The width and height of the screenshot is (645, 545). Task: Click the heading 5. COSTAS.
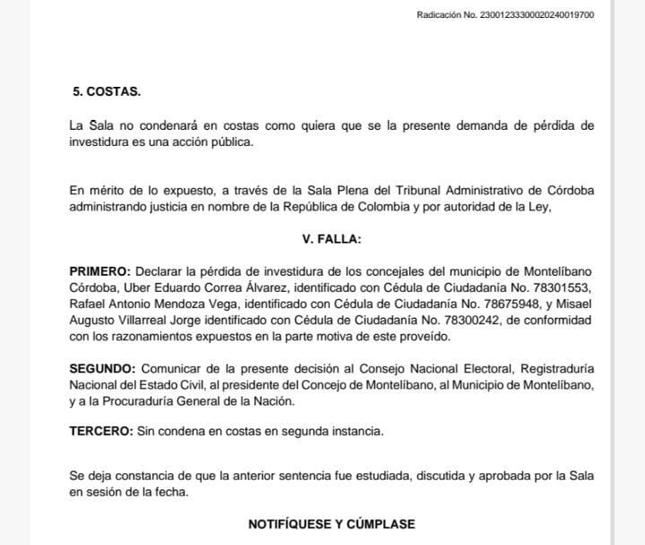[x=106, y=92]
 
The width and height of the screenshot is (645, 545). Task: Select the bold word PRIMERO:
[x=99, y=271]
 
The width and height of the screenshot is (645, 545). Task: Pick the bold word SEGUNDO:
[x=102, y=369]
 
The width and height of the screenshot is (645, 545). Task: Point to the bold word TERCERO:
[x=100, y=432]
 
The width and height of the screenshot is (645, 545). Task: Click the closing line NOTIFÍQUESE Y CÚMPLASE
[x=331, y=524]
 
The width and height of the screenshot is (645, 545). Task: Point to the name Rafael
[x=88, y=304]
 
